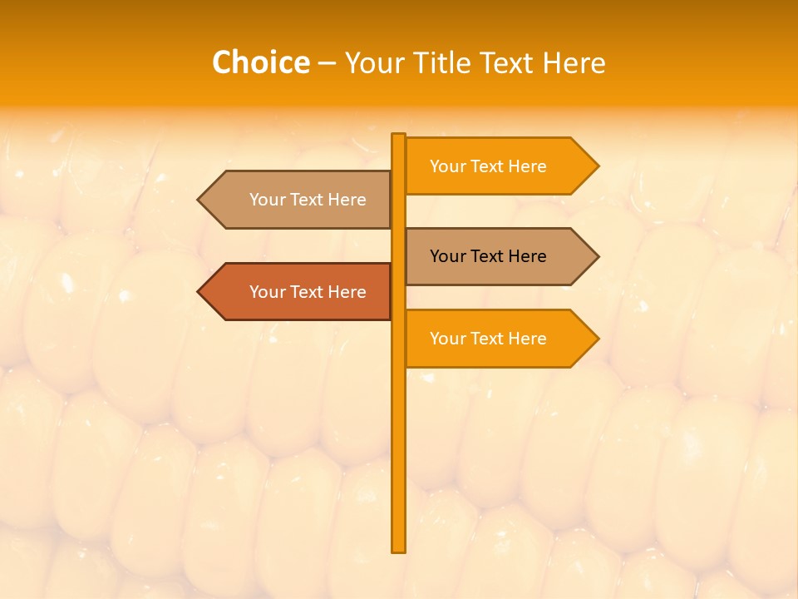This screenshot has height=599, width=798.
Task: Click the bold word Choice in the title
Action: pos(260,62)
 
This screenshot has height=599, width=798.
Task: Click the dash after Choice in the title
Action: pos(327,63)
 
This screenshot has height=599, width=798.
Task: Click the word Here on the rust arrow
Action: pos(347,292)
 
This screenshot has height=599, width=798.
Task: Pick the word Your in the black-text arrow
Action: pos(447,256)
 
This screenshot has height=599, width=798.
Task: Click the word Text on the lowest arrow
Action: pos(488,339)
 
